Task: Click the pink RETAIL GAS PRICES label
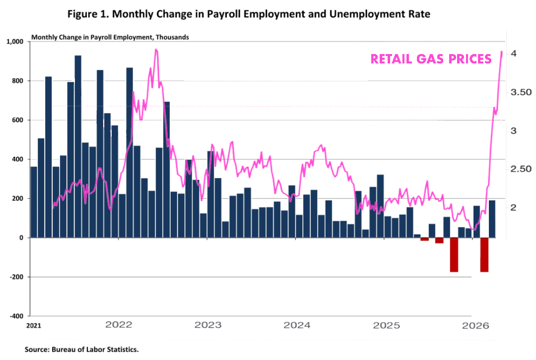tap(431, 59)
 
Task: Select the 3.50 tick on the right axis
tap(518, 92)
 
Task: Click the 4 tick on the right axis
tap(514, 53)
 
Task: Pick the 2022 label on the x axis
tap(119, 325)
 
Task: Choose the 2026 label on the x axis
tap(475, 325)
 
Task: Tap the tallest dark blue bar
tap(78, 146)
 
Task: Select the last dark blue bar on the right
tap(492, 219)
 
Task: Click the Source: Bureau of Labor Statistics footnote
tap(81, 350)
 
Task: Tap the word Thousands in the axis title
tap(171, 37)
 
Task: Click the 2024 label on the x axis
tap(297, 325)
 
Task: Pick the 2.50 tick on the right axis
tap(518, 169)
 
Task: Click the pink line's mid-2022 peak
tap(156, 50)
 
